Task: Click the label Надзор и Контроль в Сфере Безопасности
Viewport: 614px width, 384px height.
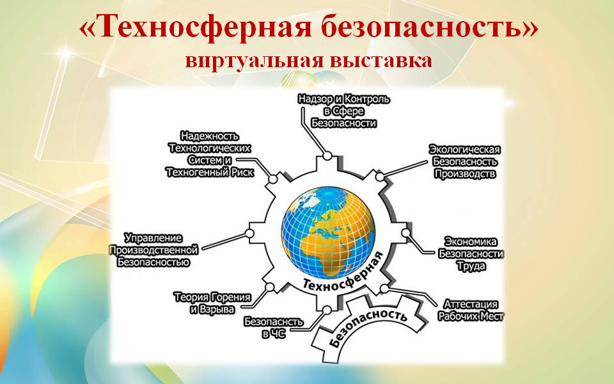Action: click(344, 111)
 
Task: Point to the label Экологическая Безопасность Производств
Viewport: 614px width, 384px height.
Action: click(465, 161)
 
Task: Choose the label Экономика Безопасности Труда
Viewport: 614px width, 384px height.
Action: click(471, 253)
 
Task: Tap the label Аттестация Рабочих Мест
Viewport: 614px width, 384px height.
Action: click(471, 310)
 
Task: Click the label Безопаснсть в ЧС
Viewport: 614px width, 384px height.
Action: click(273, 328)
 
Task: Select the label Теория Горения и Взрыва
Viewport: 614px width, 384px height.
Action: click(212, 303)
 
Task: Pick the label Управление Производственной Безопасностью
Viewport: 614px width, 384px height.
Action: click(154, 250)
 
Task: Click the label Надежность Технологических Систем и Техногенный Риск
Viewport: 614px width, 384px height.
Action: click(210, 154)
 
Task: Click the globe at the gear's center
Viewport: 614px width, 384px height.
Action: click(328, 233)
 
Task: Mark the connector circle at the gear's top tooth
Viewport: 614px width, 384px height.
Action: click(327, 156)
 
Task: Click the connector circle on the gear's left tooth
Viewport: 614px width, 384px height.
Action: click(249, 234)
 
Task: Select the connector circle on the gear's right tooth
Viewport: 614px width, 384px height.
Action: click(405, 233)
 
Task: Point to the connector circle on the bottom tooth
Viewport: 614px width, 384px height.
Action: click(327, 310)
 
